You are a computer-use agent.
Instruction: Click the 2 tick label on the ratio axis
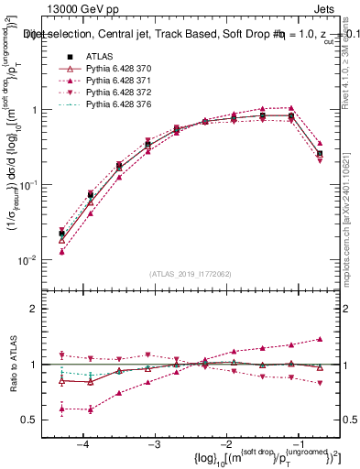click(x=40, y=309)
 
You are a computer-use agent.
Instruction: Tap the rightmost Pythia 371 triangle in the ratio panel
click(x=320, y=339)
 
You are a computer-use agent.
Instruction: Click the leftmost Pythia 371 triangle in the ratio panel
click(x=61, y=409)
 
